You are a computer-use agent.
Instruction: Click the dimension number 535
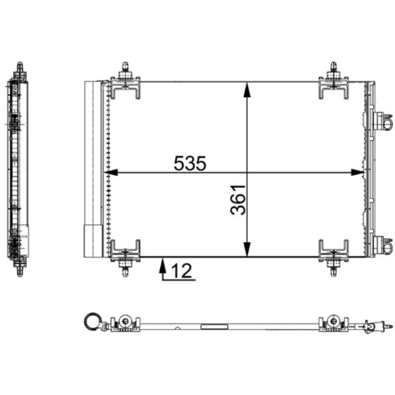click(x=190, y=163)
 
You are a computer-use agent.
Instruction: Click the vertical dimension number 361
click(x=238, y=200)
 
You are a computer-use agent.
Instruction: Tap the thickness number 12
click(x=181, y=271)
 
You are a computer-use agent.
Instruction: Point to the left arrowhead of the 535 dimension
click(x=111, y=172)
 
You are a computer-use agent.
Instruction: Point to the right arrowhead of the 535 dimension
click(x=357, y=172)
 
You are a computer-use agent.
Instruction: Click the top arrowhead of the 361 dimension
click(x=247, y=89)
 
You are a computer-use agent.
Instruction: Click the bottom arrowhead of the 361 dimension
click(x=247, y=249)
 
